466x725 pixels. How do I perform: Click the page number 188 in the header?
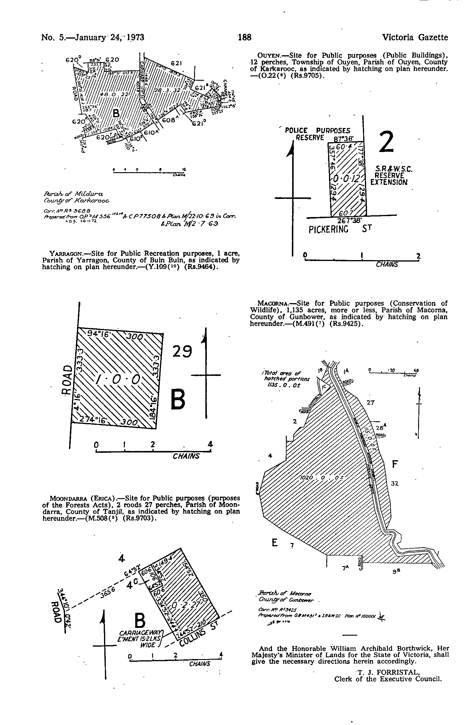pyautogui.click(x=245, y=37)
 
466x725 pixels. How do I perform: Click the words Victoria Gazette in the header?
pyautogui.click(x=415, y=37)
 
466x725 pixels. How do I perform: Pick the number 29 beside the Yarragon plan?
pyautogui.click(x=182, y=351)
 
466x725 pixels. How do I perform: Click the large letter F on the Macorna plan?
pyautogui.click(x=394, y=464)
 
